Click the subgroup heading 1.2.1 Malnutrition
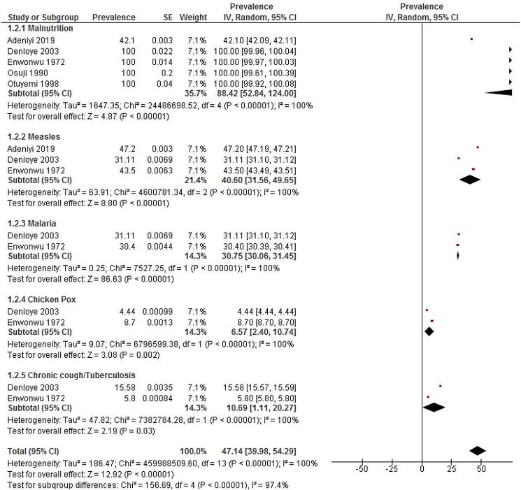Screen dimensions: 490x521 click(x=40, y=28)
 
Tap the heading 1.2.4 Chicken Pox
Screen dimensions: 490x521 click(x=42, y=299)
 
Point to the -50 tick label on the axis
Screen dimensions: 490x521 click(x=362, y=469)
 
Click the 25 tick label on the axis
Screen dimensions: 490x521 click(x=452, y=469)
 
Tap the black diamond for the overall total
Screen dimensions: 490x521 click(x=478, y=451)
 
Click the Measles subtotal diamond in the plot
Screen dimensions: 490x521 click(x=470, y=179)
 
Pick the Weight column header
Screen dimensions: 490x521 click(x=192, y=16)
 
